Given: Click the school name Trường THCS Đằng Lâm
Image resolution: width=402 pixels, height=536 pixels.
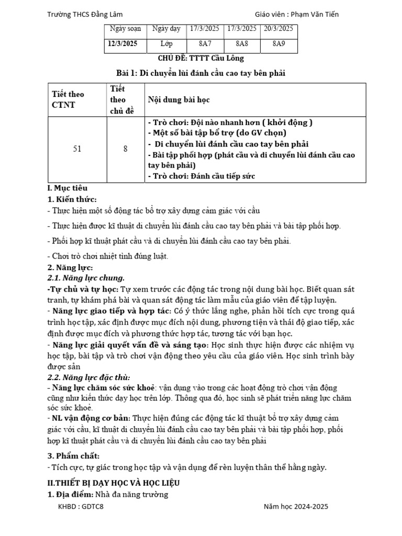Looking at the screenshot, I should tap(85, 15).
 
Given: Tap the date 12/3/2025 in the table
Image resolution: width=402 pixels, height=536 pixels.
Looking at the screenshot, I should tap(122, 44).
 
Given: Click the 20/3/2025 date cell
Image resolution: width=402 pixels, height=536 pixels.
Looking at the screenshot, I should tap(278, 28).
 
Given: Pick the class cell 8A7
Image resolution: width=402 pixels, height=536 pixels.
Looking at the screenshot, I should tap(204, 44).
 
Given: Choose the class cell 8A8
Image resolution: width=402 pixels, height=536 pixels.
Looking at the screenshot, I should tap(241, 44).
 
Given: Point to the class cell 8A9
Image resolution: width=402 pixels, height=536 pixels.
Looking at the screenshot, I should tap(278, 44).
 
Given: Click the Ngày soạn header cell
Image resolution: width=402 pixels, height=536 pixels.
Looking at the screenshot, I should tap(122, 29).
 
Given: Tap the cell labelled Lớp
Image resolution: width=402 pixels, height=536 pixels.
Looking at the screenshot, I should tap(166, 44).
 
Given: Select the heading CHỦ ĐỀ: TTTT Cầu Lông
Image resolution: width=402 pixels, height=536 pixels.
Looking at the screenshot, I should tap(201, 58).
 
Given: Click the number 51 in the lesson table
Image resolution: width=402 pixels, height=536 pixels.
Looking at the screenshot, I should tap(77, 149).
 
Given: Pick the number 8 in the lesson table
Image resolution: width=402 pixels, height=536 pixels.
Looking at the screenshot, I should tap(126, 149).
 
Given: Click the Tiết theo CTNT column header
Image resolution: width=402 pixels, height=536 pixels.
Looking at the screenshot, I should tap(68, 99).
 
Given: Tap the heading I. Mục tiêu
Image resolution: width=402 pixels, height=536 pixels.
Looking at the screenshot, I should tap(68, 187).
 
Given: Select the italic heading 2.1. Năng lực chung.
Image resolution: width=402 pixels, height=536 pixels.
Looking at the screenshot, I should tap(86, 277).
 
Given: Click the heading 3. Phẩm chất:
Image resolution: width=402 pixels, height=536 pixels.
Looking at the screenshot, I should tap(73, 456).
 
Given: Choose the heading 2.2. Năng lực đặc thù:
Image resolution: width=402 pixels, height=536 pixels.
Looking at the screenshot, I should tap(88, 377).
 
